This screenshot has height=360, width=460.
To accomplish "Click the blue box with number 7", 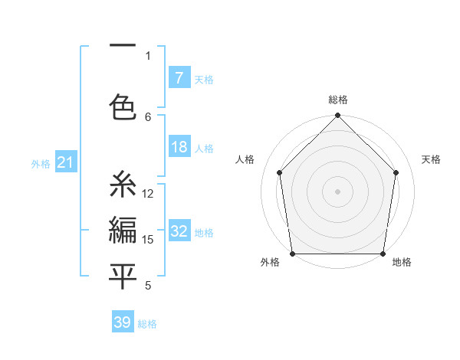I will click(x=179, y=78).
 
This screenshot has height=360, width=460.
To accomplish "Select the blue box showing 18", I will click(x=179, y=147).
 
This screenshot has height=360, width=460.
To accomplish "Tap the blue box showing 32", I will click(x=179, y=231).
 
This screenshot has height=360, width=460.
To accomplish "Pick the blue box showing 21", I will click(x=66, y=162).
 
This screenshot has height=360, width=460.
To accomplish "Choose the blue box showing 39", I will click(x=123, y=322).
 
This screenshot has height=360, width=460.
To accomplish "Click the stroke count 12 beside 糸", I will click(x=148, y=194).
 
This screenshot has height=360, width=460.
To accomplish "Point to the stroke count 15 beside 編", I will click(x=148, y=239).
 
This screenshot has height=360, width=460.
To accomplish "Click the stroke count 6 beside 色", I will click(x=148, y=116).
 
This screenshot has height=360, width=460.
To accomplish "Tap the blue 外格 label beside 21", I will click(x=41, y=163).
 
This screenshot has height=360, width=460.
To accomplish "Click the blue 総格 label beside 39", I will click(x=147, y=323).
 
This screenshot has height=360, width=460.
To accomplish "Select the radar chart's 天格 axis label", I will click(x=432, y=159).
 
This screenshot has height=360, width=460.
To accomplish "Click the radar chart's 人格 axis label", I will click(x=245, y=159).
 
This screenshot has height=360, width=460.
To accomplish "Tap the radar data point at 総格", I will click(x=338, y=116).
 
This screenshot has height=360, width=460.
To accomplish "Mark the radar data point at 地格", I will click(x=383, y=254).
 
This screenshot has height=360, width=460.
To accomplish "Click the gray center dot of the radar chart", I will click(x=338, y=191).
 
